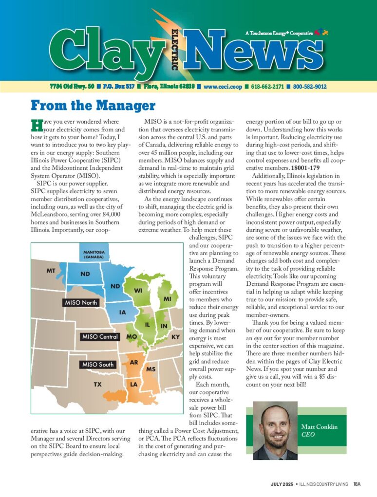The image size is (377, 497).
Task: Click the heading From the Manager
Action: (x=93, y=106)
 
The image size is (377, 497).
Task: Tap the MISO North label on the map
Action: (x=81, y=303)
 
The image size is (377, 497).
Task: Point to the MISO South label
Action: (x=97, y=365)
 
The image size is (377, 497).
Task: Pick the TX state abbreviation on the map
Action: (x=98, y=385)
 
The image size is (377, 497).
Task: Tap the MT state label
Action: (x=51, y=270)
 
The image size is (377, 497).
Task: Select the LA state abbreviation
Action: (x=133, y=385)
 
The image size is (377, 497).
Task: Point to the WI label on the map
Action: (x=138, y=291)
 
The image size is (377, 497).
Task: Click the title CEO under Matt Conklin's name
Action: (x=308, y=434)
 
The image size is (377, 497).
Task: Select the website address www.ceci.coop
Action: (x=223, y=87)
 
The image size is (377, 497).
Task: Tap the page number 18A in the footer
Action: (x=357, y=484)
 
